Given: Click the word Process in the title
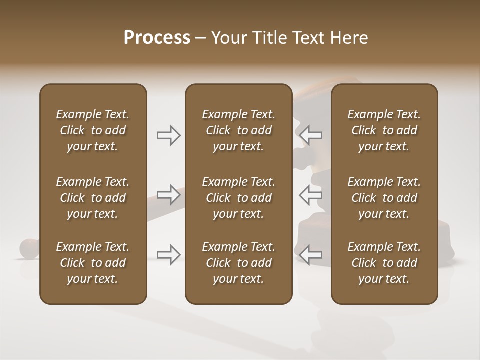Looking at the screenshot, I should (157, 38).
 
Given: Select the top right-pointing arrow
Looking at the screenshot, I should (169, 135).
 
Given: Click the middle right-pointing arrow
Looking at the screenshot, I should (169, 195).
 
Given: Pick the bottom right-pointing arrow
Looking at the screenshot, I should (169, 254).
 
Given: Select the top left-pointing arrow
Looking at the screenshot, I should (311, 135).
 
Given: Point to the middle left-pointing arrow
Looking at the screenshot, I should (311, 195).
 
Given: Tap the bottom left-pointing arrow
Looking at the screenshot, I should (311, 254).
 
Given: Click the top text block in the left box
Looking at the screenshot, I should (93, 130).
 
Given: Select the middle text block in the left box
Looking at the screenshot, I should (93, 198).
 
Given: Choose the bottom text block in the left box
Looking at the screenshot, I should (93, 263).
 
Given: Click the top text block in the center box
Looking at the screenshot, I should (238, 130).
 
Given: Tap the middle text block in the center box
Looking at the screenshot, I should (238, 198).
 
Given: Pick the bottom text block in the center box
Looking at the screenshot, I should (238, 263).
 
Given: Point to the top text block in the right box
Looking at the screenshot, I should (384, 130).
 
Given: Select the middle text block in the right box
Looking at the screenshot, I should (384, 198).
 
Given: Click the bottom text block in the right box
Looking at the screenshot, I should (384, 263).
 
